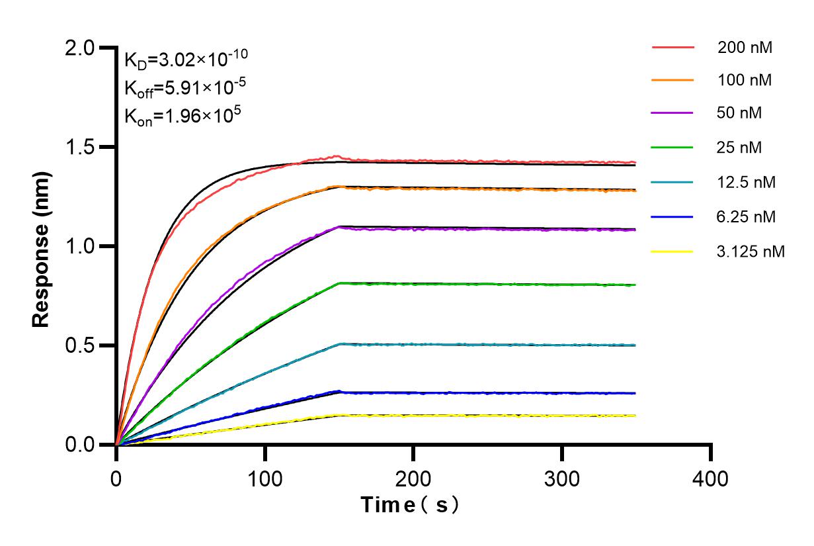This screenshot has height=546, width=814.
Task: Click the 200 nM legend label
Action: pyautogui.click(x=745, y=48)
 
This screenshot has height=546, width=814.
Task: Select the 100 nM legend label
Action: pyautogui.click(x=745, y=81)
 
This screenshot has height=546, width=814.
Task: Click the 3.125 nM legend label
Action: pyautogui.click(x=751, y=251)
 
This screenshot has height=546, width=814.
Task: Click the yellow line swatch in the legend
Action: pyautogui.click(x=672, y=251)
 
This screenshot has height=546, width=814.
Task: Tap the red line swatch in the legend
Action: pyautogui.click(x=672, y=48)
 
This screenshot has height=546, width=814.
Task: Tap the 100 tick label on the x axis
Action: pyautogui.click(x=265, y=478)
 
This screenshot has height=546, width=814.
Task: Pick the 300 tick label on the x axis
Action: pyautogui.click(x=562, y=478)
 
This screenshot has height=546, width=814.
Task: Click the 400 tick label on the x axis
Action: pyautogui.click(x=711, y=478)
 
